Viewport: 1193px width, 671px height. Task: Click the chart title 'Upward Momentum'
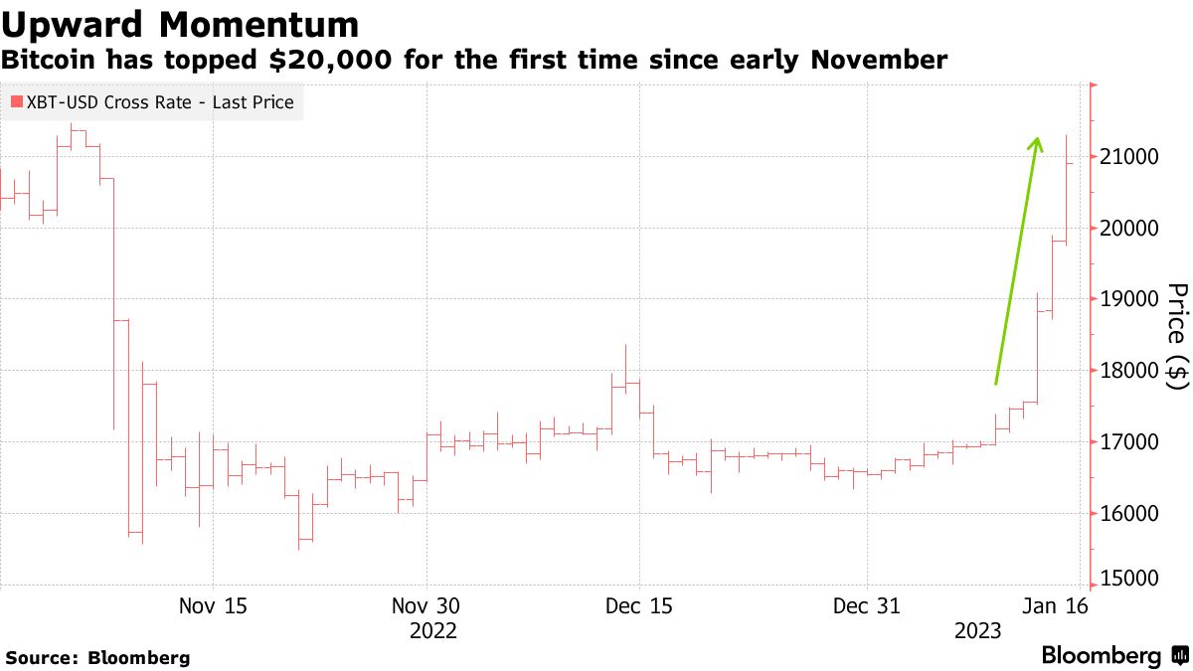coord(180,23)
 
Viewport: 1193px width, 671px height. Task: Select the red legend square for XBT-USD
coord(17,102)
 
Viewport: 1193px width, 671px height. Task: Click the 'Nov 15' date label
coord(214,605)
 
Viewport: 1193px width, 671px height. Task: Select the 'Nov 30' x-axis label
coord(426,605)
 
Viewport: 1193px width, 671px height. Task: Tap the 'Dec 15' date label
coord(639,605)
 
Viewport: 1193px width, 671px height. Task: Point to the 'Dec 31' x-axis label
coord(867,605)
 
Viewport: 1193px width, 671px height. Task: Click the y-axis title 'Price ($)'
coord(1177,335)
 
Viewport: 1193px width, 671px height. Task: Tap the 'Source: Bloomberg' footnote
coord(97,658)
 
